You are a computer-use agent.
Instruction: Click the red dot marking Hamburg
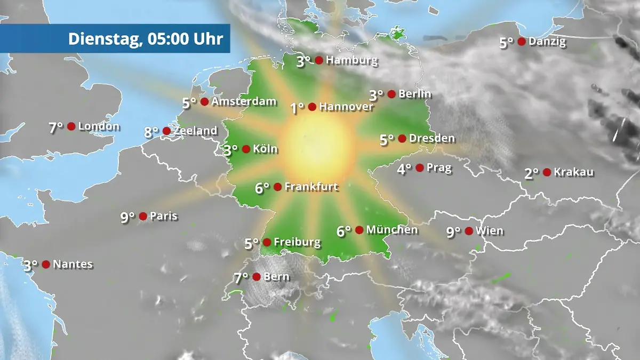[318, 60]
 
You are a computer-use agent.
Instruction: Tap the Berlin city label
[415, 94]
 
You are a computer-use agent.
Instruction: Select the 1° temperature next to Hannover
[297, 108]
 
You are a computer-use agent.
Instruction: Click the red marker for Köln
[246, 149]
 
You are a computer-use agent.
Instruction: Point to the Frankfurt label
[311, 187]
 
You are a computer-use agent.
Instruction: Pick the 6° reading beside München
[344, 231]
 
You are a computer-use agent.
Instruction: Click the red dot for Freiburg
[267, 242]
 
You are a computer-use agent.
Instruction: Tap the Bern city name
[277, 276]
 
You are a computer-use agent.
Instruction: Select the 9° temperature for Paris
[127, 217]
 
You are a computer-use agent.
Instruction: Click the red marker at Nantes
[46, 264]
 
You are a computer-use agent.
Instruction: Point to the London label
[99, 126]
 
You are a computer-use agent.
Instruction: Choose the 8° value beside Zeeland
[151, 132]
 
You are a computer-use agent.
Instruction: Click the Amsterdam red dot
[204, 101]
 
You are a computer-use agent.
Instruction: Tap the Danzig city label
[547, 42]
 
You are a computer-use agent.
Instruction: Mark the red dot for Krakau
[547, 172]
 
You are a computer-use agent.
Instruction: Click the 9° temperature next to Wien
[453, 232]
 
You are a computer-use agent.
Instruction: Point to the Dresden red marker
[402, 139]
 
